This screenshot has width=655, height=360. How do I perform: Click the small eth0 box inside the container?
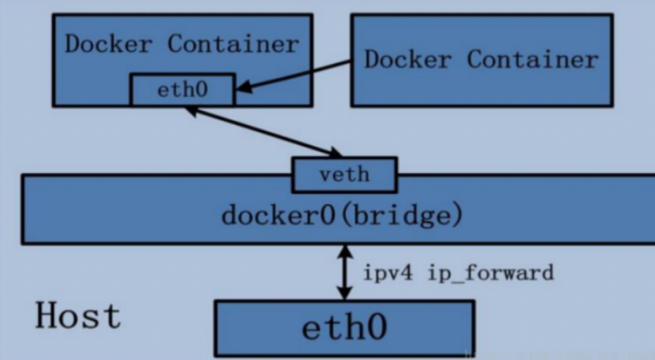tap(183, 90)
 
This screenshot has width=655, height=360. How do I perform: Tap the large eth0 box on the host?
tap(344, 328)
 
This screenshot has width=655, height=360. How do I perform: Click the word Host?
tap(78, 316)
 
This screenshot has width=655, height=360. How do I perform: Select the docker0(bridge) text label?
tap(342, 216)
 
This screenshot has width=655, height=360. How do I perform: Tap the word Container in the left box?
tap(234, 44)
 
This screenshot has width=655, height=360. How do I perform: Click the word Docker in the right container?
tap(410, 59)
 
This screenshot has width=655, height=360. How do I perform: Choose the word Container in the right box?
tap(533, 59)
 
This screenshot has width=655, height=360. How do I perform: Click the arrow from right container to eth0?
tap(294, 76)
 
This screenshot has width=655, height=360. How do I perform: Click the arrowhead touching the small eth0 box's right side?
tap(243, 88)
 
